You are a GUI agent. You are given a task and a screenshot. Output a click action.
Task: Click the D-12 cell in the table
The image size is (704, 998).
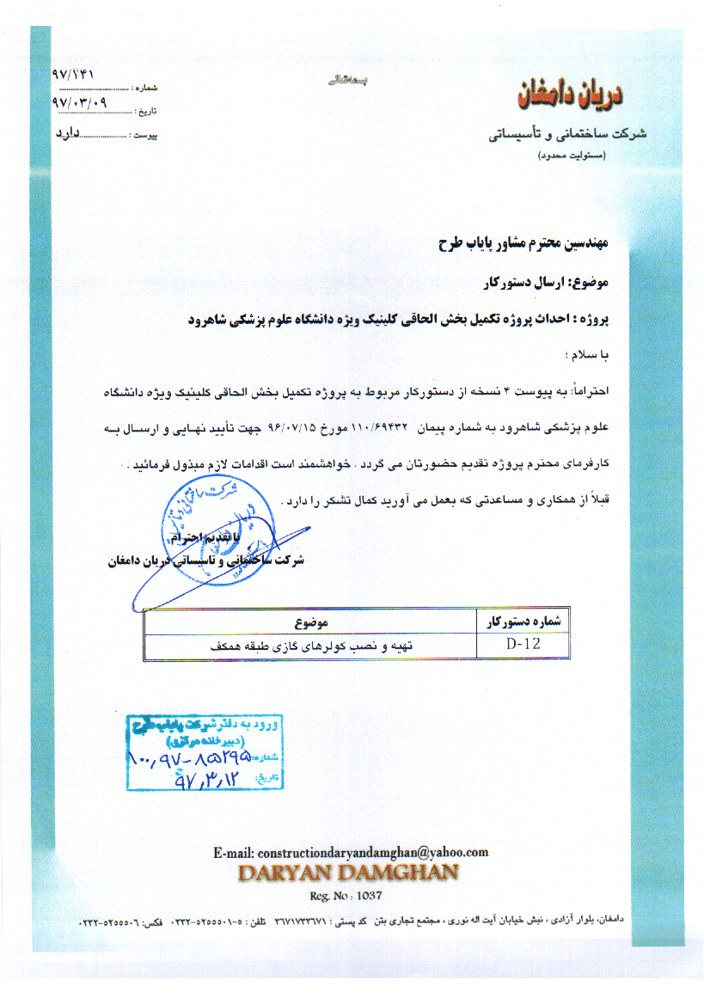[523, 643]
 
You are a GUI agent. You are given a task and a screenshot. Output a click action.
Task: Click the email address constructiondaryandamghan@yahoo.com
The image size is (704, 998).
[351, 852]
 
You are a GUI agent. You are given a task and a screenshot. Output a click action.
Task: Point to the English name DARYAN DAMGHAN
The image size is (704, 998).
[347, 872]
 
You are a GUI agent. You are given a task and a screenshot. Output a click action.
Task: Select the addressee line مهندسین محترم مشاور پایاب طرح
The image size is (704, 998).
[522, 243]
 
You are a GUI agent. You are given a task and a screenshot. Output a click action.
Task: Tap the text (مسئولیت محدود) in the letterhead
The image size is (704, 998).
[571, 156]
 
